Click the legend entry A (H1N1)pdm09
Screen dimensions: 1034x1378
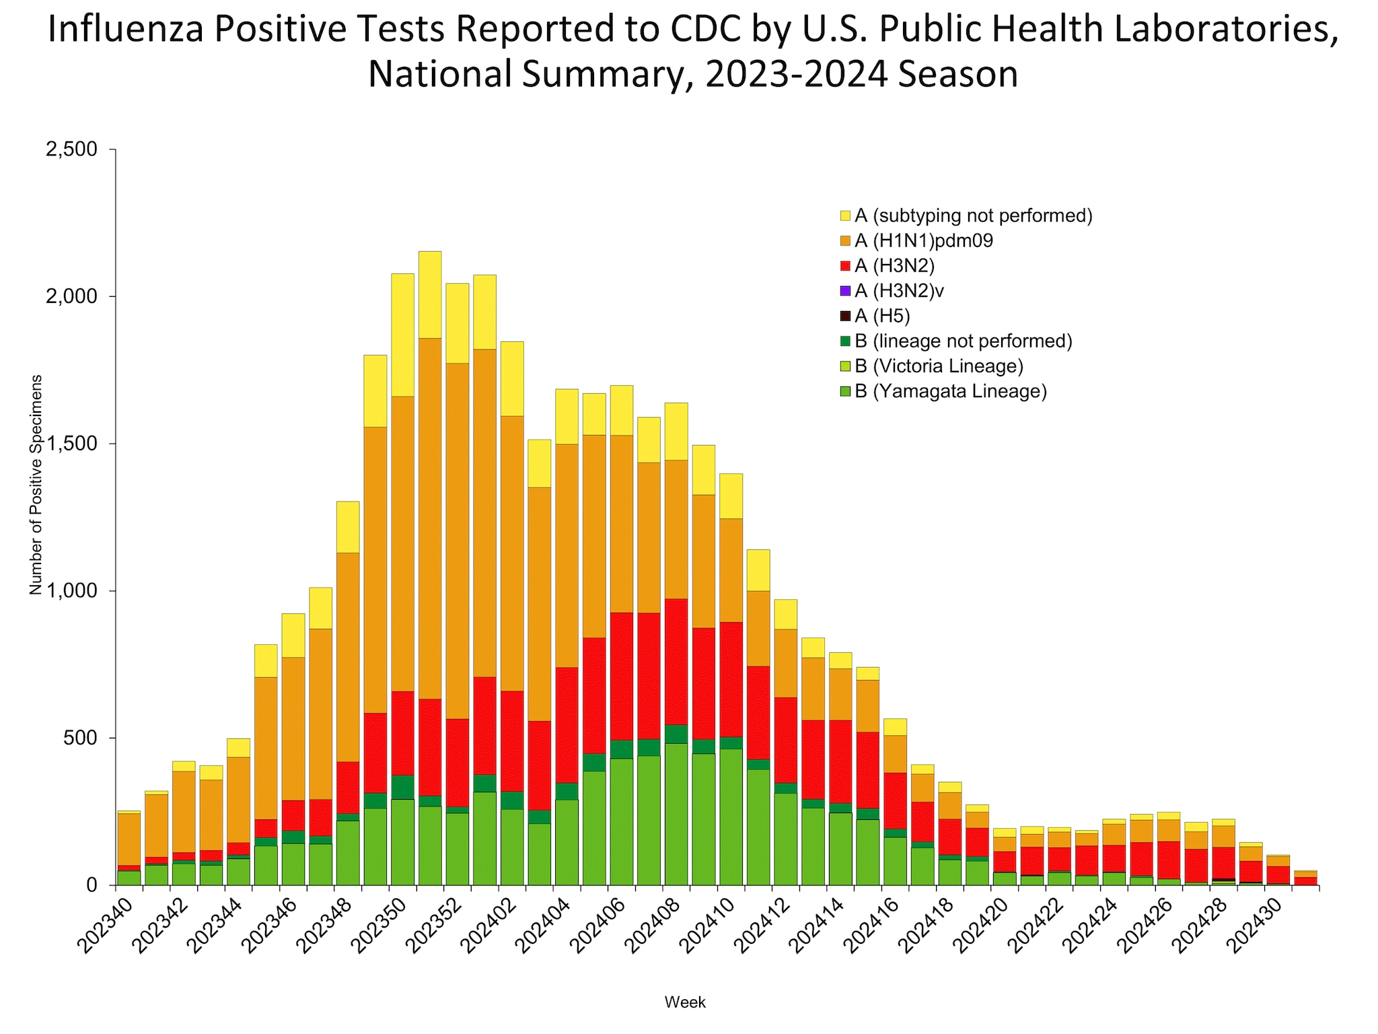[x=923, y=241]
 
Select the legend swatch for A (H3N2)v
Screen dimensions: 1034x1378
[x=845, y=291]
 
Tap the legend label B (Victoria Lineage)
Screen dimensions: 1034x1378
[x=938, y=366]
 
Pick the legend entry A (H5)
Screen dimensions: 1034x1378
[x=881, y=316]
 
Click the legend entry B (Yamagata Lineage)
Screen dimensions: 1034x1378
[x=950, y=391]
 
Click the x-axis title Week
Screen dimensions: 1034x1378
[x=685, y=1002]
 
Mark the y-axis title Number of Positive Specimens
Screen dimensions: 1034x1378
[x=36, y=484]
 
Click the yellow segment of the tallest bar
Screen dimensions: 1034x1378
[x=430, y=294]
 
